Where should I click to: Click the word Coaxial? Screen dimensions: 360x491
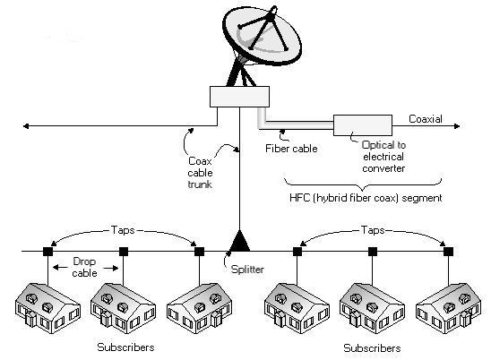[426, 117]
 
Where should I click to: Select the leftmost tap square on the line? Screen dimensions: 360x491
[47, 252]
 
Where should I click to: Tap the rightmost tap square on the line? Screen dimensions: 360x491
[447, 252]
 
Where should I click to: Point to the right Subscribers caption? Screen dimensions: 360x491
[371, 347]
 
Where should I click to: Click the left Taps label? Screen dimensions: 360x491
[124, 230]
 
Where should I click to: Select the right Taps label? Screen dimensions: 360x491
[371, 230]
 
